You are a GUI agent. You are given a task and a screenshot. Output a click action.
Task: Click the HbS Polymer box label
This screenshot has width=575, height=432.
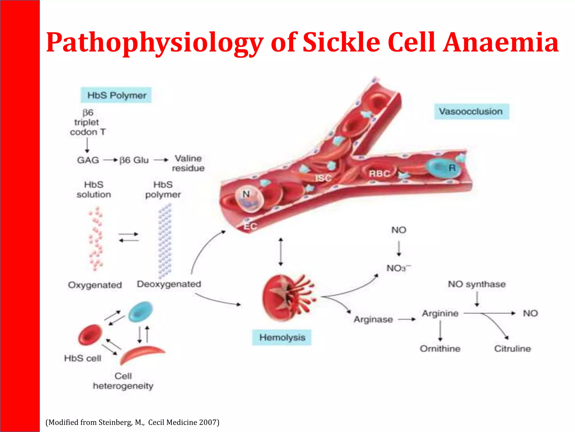(116, 95)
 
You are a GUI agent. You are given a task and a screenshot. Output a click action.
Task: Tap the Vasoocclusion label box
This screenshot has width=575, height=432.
(471, 111)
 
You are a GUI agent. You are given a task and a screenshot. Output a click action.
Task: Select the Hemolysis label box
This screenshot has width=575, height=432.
(282, 337)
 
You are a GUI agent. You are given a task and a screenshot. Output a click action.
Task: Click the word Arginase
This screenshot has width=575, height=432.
(373, 319)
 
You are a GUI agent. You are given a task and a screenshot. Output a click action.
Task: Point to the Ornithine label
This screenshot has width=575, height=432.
(440, 349)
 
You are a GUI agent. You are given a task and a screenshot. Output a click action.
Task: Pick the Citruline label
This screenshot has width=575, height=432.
(512, 349)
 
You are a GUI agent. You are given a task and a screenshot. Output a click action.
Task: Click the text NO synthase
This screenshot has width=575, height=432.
(477, 284)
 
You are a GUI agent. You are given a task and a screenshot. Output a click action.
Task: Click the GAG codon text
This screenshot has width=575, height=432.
(88, 160)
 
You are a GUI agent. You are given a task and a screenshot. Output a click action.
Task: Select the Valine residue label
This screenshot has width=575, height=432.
(188, 163)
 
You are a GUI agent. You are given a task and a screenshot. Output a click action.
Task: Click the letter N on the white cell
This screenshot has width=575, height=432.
(246, 194)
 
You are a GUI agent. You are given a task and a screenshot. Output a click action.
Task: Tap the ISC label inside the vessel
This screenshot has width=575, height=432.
(323, 178)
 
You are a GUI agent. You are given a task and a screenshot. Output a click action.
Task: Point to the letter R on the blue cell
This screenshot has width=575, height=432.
(452, 168)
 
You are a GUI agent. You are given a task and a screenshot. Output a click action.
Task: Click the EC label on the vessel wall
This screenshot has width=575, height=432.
(250, 226)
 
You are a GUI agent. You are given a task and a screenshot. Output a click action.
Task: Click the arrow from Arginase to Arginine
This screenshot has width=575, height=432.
(407, 319)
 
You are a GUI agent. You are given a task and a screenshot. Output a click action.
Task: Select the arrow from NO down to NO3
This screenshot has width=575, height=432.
(399, 249)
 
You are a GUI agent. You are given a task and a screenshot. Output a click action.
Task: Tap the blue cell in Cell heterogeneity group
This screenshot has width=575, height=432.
(141, 312)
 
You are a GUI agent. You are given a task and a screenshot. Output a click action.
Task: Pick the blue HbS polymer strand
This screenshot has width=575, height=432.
(165, 240)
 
